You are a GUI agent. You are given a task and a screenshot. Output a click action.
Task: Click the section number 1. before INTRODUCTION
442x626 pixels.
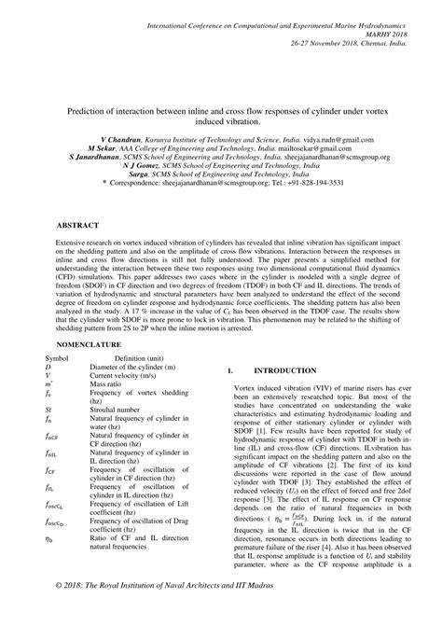(x=230, y=396)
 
